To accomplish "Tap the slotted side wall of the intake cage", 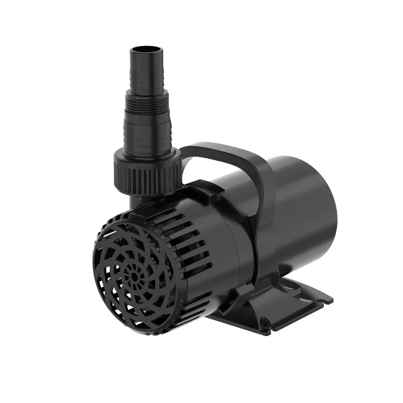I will pos(186,237).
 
